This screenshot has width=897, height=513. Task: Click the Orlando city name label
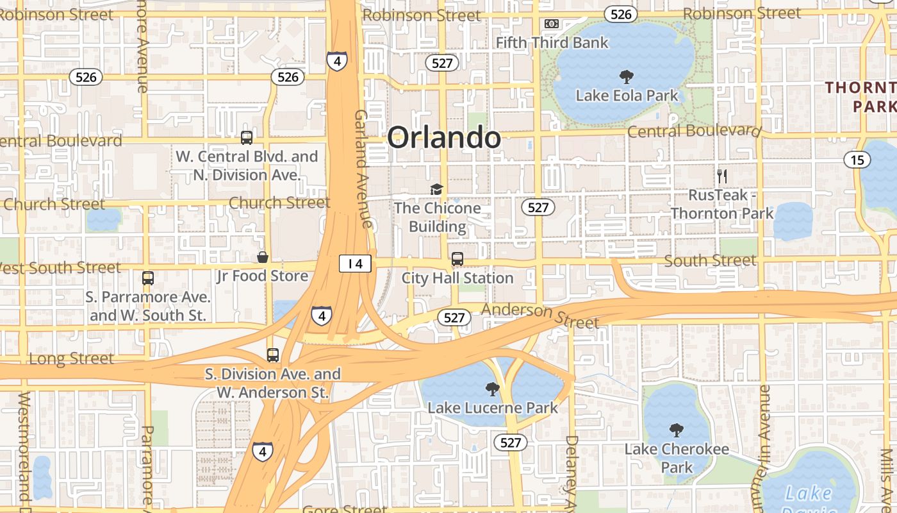coord(443,137)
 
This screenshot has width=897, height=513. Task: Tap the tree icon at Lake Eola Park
coord(627,77)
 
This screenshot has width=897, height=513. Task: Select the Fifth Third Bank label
coord(552,43)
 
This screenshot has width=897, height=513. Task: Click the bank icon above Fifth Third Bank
coord(551,24)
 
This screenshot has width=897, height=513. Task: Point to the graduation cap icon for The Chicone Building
coord(436,189)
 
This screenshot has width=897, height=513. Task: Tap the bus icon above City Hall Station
coord(457,259)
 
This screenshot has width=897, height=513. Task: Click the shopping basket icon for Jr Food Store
coord(263,257)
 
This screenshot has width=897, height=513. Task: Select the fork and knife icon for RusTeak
coord(722,176)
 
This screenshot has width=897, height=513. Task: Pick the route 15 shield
coord(857,160)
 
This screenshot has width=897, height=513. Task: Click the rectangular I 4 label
coord(356,263)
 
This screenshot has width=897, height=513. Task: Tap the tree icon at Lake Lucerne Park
coord(492,389)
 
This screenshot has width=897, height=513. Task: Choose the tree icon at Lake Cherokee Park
coord(676,430)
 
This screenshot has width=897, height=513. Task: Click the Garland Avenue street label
coord(363,168)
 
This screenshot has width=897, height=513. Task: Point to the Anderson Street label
coord(540,315)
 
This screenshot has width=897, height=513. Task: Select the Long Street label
coord(72,358)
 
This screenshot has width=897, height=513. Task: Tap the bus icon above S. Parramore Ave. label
coord(148,278)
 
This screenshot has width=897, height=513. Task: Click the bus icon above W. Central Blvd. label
coord(247,137)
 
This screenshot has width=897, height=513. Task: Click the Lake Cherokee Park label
coord(677,458)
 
